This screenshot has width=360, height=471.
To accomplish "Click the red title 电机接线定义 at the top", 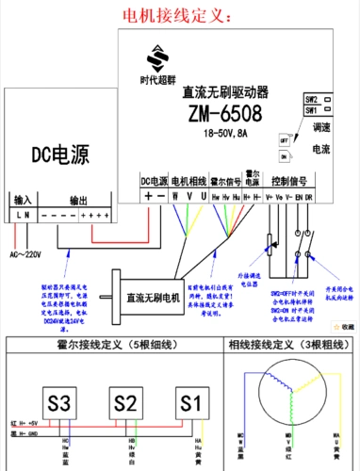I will click(179, 16).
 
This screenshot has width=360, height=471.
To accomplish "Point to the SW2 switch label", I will click(310, 98).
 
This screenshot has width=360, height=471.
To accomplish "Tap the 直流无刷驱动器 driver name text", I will click(225, 92).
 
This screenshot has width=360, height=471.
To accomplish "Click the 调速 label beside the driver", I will click(320, 127).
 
